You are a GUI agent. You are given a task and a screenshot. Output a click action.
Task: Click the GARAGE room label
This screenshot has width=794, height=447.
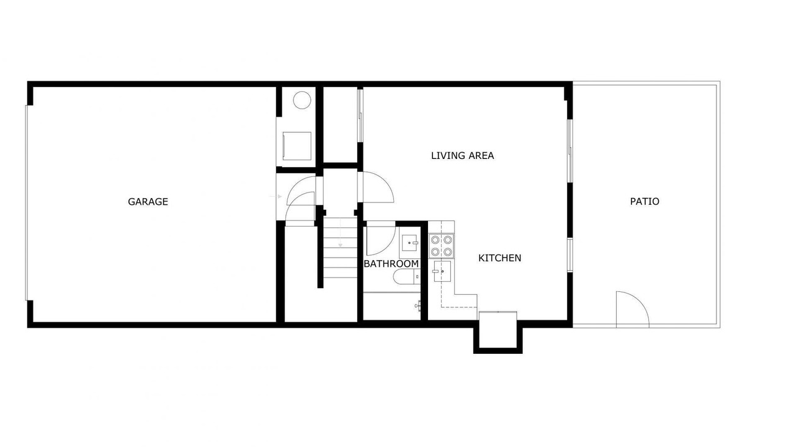coord(148,202)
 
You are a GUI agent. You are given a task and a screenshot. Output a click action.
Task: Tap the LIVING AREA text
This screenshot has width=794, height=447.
coord(463,156)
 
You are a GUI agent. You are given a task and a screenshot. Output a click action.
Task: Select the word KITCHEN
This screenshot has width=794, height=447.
coord(500,258)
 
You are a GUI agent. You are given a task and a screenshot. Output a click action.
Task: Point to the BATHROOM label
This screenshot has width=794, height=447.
coord(391,264)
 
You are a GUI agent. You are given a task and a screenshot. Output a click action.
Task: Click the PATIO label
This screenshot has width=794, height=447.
coord(645,202)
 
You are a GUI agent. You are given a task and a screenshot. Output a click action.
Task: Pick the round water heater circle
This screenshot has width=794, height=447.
coord(302,101)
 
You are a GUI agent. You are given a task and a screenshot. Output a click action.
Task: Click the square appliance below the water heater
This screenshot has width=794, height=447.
coord(297,146)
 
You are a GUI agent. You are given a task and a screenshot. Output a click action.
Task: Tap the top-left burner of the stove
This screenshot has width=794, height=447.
coord(435,240)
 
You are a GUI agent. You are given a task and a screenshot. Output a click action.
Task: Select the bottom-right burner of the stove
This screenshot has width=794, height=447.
coord(448,252)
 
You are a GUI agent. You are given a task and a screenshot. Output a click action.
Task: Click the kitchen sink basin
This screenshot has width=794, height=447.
coord(442,271)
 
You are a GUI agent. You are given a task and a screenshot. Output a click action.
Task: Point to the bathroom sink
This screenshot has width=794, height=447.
coord(411,243)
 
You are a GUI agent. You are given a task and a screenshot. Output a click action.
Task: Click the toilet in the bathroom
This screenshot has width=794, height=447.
coord(406,276)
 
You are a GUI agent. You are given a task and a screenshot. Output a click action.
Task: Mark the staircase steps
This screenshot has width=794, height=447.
coord(341,247)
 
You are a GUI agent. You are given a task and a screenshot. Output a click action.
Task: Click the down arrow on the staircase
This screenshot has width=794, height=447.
coord(341,233)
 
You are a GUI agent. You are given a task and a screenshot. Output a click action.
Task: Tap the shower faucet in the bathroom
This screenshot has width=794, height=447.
coord(418,305)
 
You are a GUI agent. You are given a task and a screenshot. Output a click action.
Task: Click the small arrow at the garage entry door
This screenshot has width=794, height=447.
coord(276,196)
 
